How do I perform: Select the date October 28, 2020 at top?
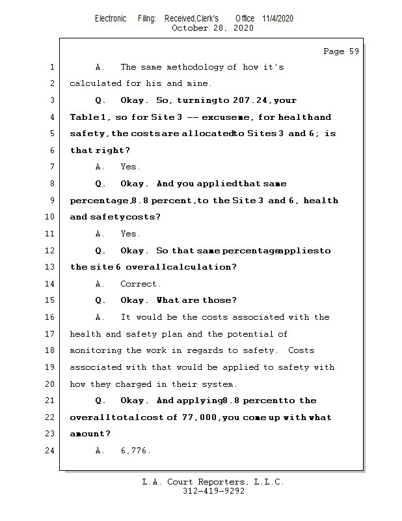coord(213,28)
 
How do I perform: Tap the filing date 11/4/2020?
coord(278,18)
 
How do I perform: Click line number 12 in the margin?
coord(51,251)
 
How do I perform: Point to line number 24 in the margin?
coord(51,451)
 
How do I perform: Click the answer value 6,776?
coord(135,451)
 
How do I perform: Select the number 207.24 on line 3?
coord(252,101)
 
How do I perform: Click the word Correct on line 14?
coord(141,284)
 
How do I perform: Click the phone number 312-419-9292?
coord(213,492)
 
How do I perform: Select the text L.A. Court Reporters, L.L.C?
coord(213,483)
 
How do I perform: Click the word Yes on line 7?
coord(130,167)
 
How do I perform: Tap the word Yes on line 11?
coord(130,234)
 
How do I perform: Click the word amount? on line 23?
coord(90,434)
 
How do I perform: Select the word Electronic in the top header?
coord(111,18)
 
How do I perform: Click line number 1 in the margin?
coord(51,67)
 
